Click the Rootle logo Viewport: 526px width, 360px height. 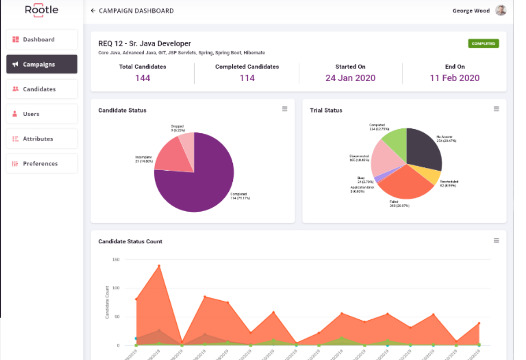click(x=42, y=10)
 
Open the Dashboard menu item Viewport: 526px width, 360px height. click(x=42, y=40)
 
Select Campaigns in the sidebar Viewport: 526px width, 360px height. click(x=42, y=64)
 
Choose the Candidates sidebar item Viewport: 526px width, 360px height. click(x=42, y=89)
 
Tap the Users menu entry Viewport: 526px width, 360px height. click(x=42, y=114)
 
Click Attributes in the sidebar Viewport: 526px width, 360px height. click(x=42, y=139)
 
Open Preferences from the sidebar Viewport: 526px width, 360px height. click(x=42, y=164)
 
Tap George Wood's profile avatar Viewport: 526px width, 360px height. click(x=501, y=10)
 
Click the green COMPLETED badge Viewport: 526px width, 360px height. click(x=483, y=44)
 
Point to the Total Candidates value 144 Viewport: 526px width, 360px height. click(x=142, y=78)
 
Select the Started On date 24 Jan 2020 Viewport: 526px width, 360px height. click(x=350, y=78)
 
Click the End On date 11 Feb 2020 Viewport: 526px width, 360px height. click(x=454, y=78)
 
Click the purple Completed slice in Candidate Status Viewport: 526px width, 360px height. click(x=201, y=183)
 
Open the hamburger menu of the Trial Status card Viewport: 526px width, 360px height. click(x=496, y=109)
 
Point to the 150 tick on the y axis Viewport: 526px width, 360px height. click(x=116, y=260)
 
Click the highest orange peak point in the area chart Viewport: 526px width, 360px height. click(x=159, y=266)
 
